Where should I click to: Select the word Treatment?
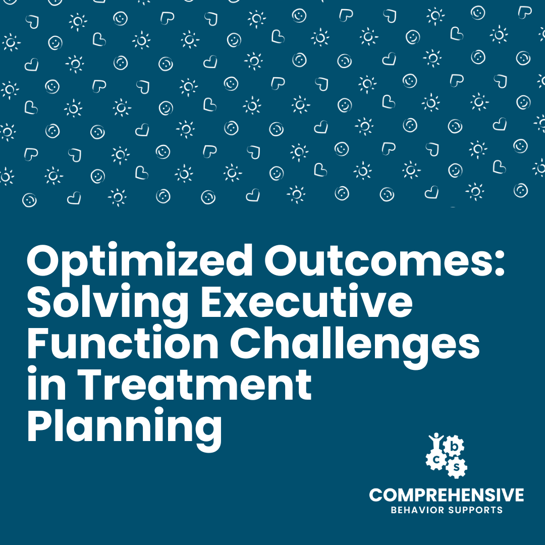tap(195, 384)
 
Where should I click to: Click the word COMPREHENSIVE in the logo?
tap(447, 495)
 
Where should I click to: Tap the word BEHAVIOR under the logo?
tap(417, 510)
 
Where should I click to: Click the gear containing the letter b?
tap(454, 446)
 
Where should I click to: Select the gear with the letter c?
tap(436, 460)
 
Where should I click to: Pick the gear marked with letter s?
tap(456, 467)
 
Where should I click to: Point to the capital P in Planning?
tap(40, 424)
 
